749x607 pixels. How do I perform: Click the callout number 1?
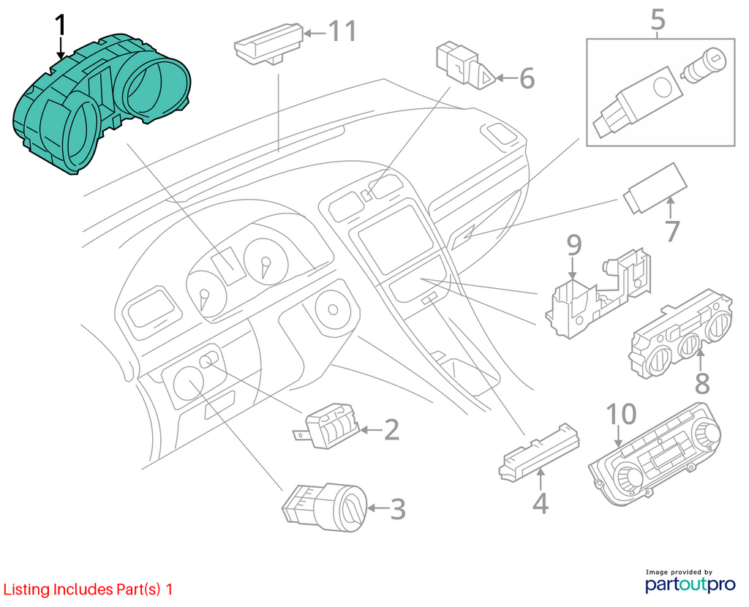click(x=61, y=25)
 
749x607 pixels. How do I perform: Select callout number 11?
click(x=342, y=31)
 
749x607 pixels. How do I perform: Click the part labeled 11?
click(x=269, y=44)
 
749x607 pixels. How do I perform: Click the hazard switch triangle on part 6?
click(x=486, y=78)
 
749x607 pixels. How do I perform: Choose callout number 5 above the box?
click(x=658, y=20)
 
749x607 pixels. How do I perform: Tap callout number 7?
click(x=671, y=231)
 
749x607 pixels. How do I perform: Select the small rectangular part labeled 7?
click(x=655, y=188)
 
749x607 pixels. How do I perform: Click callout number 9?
click(x=573, y=245)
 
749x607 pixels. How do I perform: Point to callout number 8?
click(x=701, y=383)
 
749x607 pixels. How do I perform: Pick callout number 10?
click(x=621, y=414)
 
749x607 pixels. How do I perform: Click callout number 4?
click(x=541, y=503)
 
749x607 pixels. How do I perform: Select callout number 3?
click(x=398, y=509)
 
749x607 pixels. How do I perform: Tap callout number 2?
click(x=392, y=429)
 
